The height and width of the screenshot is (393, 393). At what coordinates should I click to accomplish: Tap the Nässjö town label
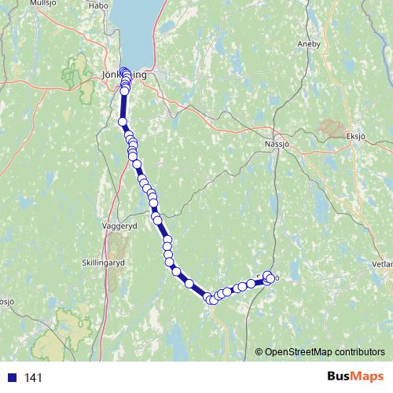click(x=277, y=145)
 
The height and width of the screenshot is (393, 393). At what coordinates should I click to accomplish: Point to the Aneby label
click(x=309, y=44)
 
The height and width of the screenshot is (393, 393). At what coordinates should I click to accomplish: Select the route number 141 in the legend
click(x=33, y=378)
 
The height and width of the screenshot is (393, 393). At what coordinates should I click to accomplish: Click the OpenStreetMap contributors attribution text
click(x=325, y=352)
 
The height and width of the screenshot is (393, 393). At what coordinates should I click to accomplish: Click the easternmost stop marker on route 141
click(x=272, y=277)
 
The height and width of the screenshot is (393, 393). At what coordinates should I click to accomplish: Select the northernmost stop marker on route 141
click(x=124, y=72)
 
